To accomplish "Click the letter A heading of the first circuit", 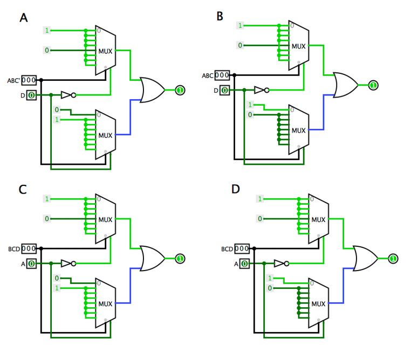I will tap(23, 18).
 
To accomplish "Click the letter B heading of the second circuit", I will tap(220, 16).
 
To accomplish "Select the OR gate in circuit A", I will tap(153, 90).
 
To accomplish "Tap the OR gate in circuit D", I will tap(365, 259).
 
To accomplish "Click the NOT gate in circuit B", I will tap(260, 90).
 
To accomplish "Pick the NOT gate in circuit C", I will tap(67, 264).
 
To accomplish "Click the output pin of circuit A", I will tap(180, 90).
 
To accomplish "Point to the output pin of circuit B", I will tap(373, 85).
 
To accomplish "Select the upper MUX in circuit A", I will tap(106, 51).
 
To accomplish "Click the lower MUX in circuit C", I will tap(106, 303).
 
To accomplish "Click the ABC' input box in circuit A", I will tap(29, 80).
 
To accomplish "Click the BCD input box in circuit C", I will tap(29, 248).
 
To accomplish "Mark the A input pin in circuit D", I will tap(244, 264).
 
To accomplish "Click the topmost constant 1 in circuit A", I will tap(47, 31).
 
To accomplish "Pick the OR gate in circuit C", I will tap(153, 259).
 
